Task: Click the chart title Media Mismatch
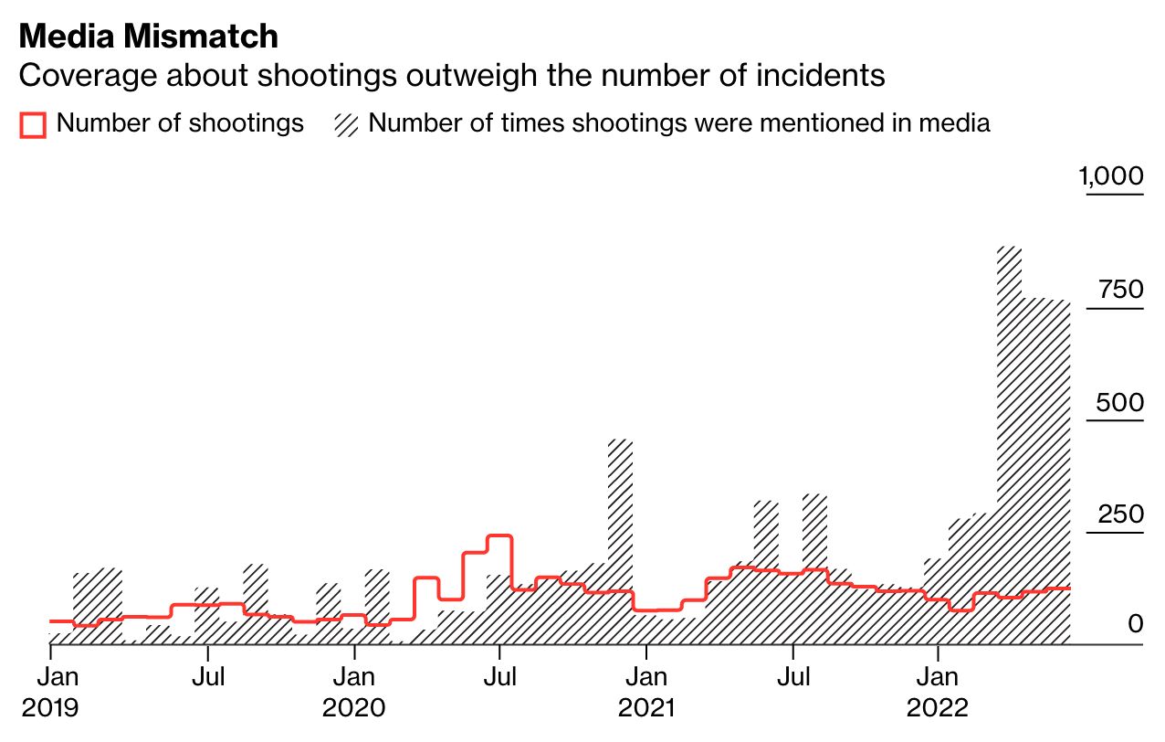point(149,37)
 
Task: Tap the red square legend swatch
point(33,124)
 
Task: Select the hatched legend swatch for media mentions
point(346,124)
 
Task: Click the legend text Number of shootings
point(180,123)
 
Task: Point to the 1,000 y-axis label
point(1111,175)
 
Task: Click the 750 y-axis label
point(1122,290)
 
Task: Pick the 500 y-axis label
point(1120,403)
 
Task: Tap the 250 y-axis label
point(1120,515)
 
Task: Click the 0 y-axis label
point(1135,624)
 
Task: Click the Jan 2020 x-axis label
point(354,692)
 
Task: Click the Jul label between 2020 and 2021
point(500,677)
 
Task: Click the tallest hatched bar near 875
point(1009,439)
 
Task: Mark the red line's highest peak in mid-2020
point(499,536)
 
